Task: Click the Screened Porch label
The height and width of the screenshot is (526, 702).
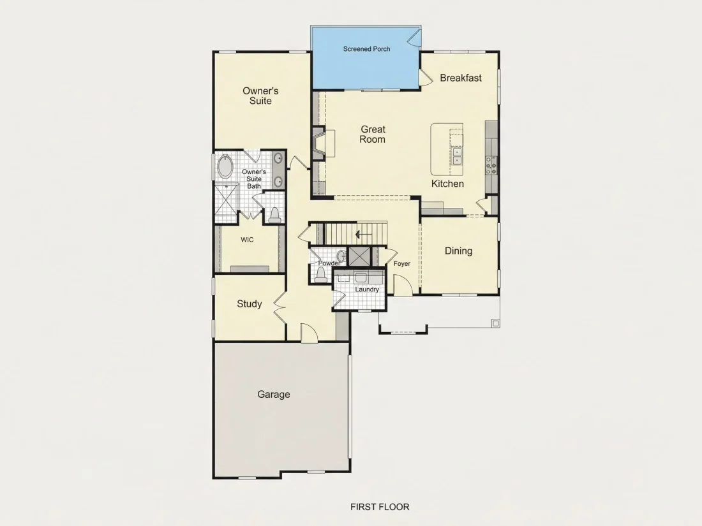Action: pyautogui.click(x=366, y=48)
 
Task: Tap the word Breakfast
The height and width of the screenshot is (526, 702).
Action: pyautogui.click(x=461, y=78)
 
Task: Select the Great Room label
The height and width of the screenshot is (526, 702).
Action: pyautogui.click(x=373, y=134)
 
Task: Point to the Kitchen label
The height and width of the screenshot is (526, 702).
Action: pyautogui.click(x=447, y=184)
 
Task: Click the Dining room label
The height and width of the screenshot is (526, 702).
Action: pyautogui.click(x=458, y=251)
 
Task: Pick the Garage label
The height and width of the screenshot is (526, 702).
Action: pyautogui.click(x=274, y=394)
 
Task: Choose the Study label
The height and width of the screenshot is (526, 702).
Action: pyautogui.click(x=249, y=304)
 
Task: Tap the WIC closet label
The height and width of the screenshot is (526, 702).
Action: pyautogui.click(x=247, y=240)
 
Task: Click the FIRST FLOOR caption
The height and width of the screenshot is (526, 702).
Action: pyautogui.click(x=380, y=507)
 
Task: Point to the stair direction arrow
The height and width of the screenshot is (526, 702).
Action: pyautogui.click(x=363, y=235)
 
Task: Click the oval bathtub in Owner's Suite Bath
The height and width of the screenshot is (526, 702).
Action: pyautogui.click(x=225, y=167)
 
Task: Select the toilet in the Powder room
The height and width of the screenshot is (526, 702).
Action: pyautogui.click(x=320, y=277)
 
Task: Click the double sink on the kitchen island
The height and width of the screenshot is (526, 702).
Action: pyautogui.click(x=457, y=156)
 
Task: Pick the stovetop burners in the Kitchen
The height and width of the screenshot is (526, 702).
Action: pyautogui.click(x=491, y=164)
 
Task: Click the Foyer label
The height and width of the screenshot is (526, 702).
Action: pyautogui.click(x=401, y=263)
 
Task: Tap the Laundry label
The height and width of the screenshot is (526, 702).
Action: pyautogui.click(x=367, y=289)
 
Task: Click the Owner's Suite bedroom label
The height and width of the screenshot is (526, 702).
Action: pyautogui.click(x=260, y=96)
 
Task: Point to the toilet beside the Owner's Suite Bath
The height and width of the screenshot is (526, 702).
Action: pyautogui.click(x=274, y=215)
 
